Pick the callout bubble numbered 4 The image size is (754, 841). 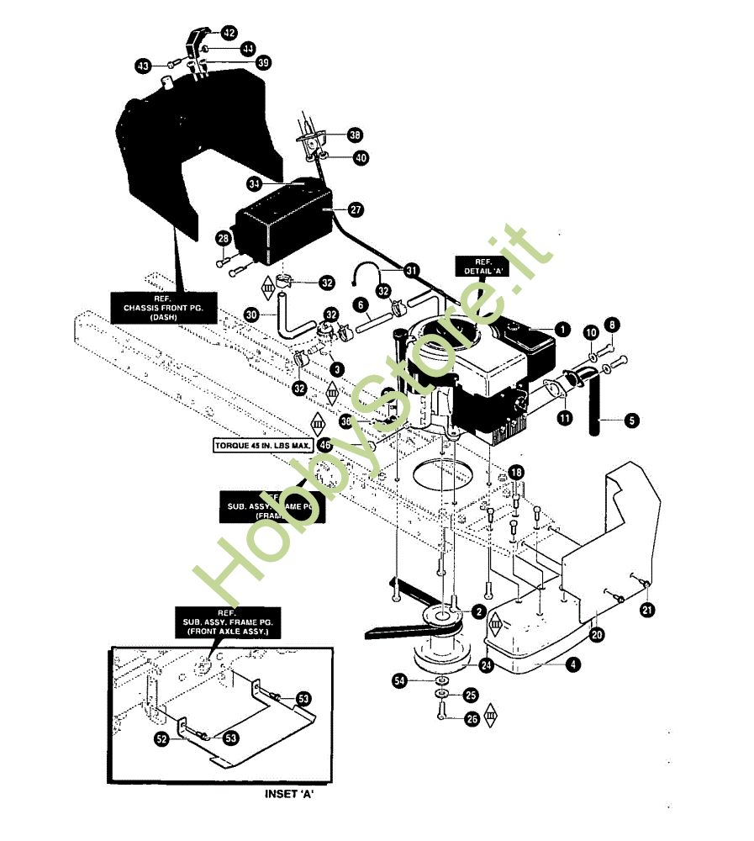click(572, 664)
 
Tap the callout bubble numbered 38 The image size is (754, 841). click(356, 135)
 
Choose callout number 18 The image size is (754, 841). click(515, 473)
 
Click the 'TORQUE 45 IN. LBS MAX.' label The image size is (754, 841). click(263, 443)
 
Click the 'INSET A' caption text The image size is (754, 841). click(289, 794)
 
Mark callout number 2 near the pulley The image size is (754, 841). click(478, 611)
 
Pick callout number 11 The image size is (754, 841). click(562, 415)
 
